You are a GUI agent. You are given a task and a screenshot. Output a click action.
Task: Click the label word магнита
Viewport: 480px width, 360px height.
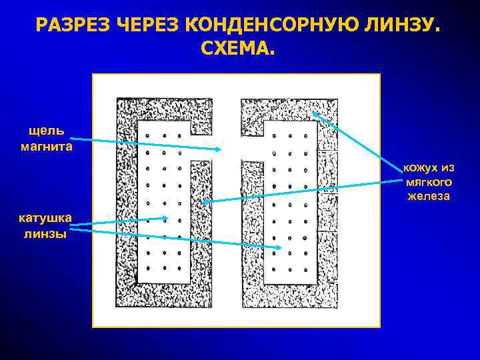point(46,146)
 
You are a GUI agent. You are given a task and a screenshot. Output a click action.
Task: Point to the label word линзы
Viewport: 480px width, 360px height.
point(46,234)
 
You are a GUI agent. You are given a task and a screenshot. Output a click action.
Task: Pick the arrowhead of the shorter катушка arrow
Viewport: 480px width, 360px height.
point(167,217)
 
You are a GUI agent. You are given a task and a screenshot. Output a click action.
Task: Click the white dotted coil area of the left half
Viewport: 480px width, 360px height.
point(163,200)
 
